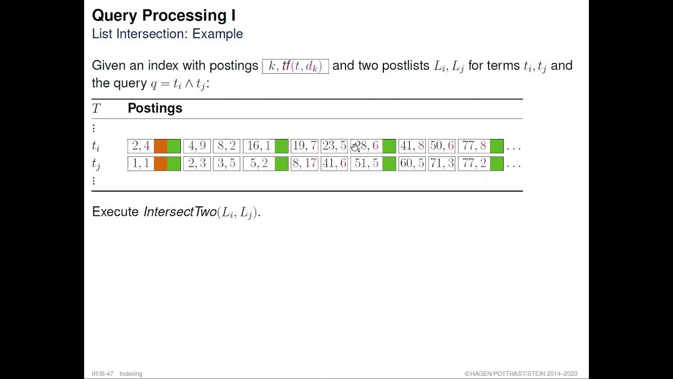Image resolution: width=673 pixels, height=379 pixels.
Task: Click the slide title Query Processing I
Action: tap(164, 15)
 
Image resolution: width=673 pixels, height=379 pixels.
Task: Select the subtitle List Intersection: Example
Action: tap(167, 34)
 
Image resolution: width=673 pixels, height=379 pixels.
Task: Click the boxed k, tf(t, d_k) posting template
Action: tap(295, 66)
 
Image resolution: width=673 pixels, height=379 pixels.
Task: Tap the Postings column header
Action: tap(155, 108)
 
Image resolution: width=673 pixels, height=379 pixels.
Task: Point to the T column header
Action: tap(96, 109)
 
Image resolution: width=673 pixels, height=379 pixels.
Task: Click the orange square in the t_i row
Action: tap(160, 146)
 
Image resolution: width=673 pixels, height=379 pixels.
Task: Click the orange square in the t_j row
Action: tap(160, 164)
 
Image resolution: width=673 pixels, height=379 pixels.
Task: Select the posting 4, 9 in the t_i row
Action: tap(197, 146)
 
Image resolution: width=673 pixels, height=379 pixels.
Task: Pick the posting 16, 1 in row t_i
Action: tap(259, 146)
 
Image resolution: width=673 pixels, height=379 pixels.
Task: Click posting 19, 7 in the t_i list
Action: tap(304, 146)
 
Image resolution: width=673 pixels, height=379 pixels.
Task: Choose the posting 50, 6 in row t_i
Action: tap(442, 146)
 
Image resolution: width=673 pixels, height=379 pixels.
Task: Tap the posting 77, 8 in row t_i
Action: tap(474, 146)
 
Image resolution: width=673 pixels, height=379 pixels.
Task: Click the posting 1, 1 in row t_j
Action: tap(140, 164)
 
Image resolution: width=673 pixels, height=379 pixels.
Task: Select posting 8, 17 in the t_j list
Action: tap(304, 164)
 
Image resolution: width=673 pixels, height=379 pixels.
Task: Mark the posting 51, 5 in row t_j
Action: tap(366, 164)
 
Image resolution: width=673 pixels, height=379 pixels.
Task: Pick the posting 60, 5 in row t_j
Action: tap(412, 164)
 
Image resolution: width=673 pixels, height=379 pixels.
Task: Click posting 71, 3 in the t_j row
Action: tap(442, 164)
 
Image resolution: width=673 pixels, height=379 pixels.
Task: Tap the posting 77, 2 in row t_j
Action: tap(474, 164)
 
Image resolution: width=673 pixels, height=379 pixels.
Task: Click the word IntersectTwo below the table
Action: tap(180, 212)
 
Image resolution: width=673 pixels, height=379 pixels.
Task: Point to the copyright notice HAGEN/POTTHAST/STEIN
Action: tap(521, 374)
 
